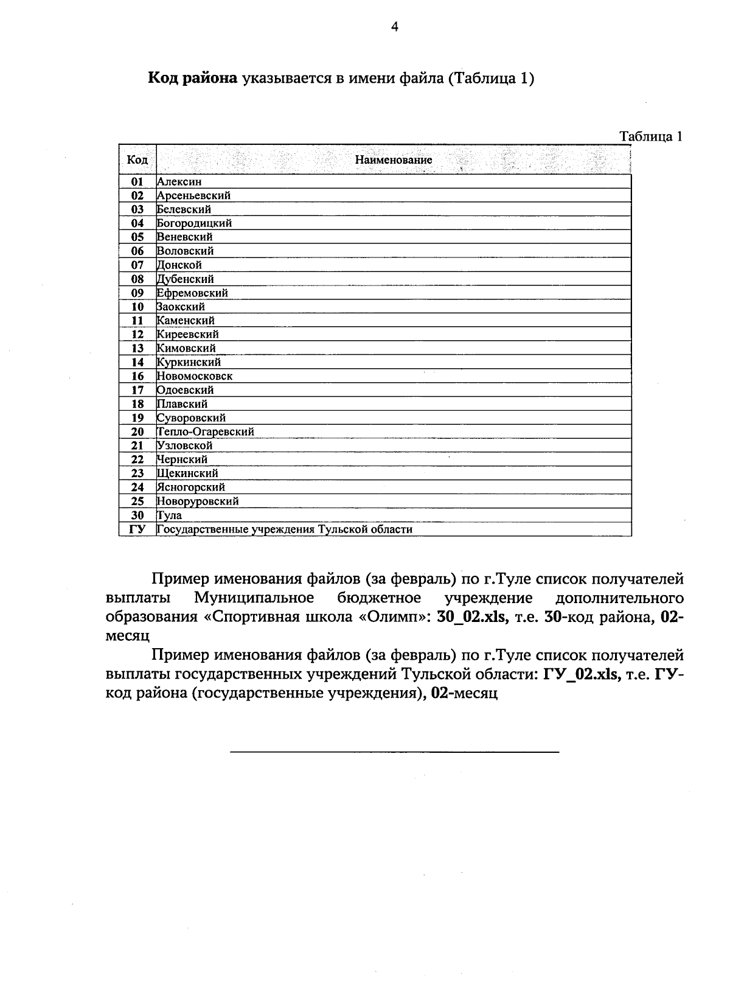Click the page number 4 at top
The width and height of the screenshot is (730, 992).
(394, 27)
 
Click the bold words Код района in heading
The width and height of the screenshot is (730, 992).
(192, 79)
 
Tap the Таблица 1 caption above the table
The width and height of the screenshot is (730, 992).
(650, 136)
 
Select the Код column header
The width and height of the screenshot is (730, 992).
(137, 160)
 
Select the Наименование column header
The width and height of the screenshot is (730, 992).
(394, 160)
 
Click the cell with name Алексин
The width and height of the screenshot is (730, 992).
(179, 181)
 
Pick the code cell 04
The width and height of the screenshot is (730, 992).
(137, 223)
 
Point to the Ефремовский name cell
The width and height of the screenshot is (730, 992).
(192, 293)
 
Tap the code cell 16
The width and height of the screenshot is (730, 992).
(137, 376)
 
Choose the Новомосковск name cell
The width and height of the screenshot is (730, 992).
(195, 376)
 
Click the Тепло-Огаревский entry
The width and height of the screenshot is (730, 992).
(206, 431)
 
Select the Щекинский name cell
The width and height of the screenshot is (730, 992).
(187, 473)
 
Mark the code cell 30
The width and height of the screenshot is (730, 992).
(137, 515)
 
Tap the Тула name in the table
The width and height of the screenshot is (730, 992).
(170, 515)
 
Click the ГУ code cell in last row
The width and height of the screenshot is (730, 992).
(137, 529)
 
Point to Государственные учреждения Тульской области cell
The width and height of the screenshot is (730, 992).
(285, 529)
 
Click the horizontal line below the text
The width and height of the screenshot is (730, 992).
(394, 753)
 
